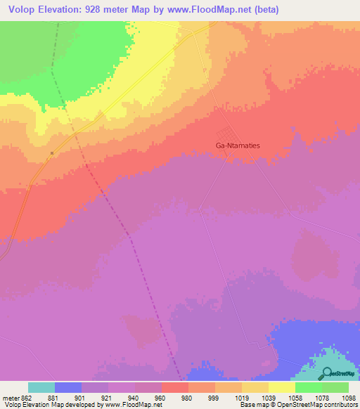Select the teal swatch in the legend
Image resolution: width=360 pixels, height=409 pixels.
click(x=41, y=387)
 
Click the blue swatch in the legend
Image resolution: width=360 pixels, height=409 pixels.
click(x=68, y=387)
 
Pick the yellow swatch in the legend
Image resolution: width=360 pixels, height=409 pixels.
click(x=281, y=387)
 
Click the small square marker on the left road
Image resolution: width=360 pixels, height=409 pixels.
click(x=52, y=152)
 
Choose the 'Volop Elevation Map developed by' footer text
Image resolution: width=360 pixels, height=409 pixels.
click(x=50, y=404)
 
